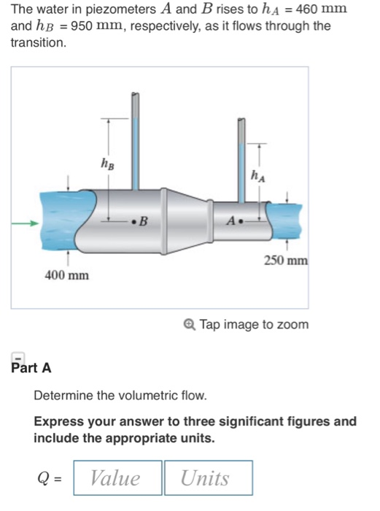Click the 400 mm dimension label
click(x=69, y=275)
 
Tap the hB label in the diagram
click(x=107, y=166)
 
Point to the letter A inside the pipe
click(x=231, y=219)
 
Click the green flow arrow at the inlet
click(x=27, y=224)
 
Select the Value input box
click(x=117, y=478)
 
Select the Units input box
click(x=208, y=478)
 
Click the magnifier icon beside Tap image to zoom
click(x=190, y=324)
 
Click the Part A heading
click(x=31, y=368)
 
